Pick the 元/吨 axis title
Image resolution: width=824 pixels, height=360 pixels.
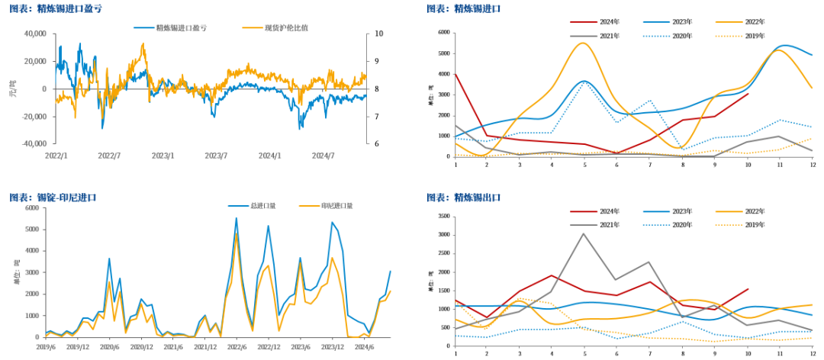pos(11,88)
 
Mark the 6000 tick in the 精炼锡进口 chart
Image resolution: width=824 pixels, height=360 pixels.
pos(443,33)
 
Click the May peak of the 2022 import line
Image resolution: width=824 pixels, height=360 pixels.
pos(584,43)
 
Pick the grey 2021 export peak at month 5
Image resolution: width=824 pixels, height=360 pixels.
pos(584,233)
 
